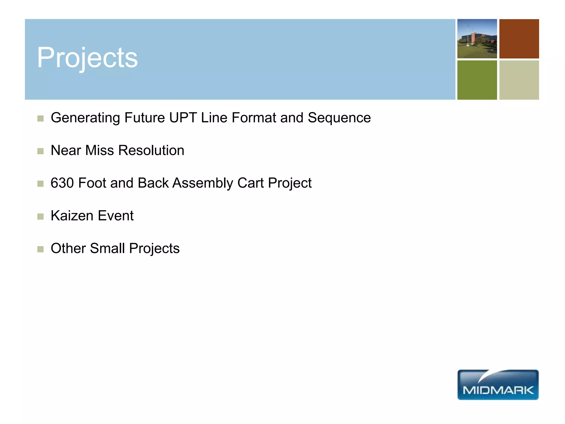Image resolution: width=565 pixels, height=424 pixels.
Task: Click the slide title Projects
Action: [87, 58]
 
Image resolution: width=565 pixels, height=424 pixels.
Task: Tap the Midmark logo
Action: [498, 385]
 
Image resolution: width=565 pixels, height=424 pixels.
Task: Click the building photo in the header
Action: [477, 39]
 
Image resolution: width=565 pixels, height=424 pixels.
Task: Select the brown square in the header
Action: [519, 39]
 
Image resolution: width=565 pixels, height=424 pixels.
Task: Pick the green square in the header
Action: [477, 80]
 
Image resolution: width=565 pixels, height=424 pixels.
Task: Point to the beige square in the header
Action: [519, 80]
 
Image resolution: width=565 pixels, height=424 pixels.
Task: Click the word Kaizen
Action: [72, 216]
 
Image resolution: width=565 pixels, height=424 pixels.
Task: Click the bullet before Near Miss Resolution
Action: [41, 151]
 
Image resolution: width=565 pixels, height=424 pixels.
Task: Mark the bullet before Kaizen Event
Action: [41, 216]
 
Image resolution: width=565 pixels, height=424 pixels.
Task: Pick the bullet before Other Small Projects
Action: [41, 249]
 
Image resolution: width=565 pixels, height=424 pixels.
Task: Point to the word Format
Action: [254, 118]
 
